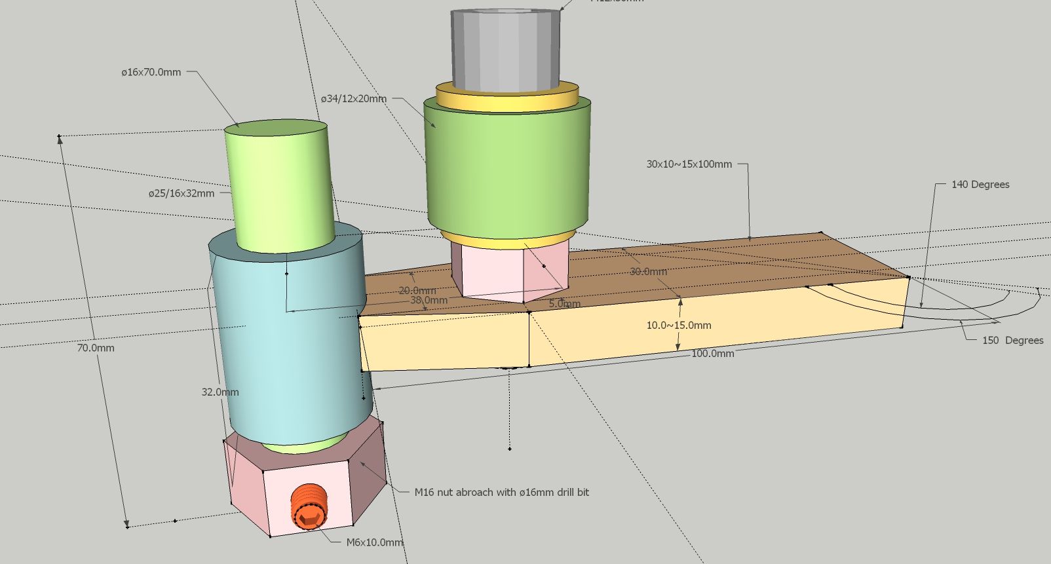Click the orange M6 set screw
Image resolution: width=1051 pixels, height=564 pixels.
[308, 507]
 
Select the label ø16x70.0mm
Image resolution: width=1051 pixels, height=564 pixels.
[151, 72]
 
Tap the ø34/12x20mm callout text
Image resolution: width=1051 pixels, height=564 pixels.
[353, 99]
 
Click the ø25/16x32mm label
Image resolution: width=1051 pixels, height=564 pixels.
[181, 193]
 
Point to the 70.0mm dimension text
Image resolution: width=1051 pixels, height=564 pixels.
[96, 348]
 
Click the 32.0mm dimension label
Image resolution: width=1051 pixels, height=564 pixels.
[220, 392]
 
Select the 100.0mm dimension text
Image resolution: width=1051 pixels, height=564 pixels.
[712, 353]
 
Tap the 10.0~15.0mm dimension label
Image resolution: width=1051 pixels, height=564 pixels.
[679, 325]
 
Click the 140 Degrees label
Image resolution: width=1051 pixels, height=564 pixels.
[980, 185]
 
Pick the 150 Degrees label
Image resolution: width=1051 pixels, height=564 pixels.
[1012, 340]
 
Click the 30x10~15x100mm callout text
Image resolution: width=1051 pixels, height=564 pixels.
[689, 164]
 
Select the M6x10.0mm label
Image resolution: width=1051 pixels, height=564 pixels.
[374, 542]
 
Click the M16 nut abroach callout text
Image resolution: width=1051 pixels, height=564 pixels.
[501, 492]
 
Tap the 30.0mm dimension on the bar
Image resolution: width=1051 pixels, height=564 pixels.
[648, 271]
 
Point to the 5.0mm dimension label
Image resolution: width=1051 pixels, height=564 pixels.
[564, 304]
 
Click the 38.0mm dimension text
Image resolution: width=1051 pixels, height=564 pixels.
[429, 300]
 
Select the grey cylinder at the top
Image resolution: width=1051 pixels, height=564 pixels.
[505, 49]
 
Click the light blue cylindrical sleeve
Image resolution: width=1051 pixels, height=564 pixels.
[288, 347]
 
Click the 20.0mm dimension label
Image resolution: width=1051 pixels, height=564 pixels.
[417, 290]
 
